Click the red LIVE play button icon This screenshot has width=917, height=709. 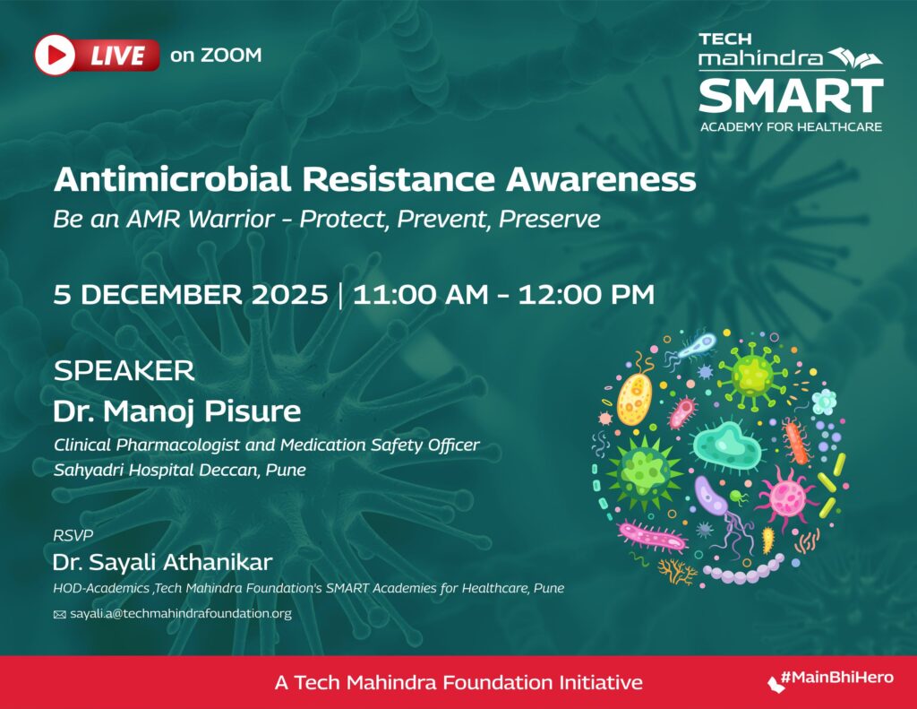tap(55, 55)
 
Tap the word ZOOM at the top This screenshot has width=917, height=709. tap(231, 55)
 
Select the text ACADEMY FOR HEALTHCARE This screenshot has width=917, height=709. tap(791, 127)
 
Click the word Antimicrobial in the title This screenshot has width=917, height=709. tap(172, 179)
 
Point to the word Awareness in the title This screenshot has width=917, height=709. tap(601, 179)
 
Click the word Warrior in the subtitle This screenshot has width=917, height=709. tap(232, 219)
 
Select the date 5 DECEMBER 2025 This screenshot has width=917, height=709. tap(191, 294)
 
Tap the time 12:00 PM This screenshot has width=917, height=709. tap(586, 294)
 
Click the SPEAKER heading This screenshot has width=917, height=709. tap(124, 371)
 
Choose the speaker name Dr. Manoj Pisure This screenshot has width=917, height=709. tap(177, 411)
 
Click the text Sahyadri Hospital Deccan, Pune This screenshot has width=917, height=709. tap(179, 471)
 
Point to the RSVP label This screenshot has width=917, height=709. tap(73, 535)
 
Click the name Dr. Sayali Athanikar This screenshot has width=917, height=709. tap(163, 562)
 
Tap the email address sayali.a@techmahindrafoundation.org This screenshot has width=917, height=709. tap(181, 614)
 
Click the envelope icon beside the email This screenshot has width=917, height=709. tap(60, 615)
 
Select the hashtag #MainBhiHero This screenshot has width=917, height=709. tap(837, 678)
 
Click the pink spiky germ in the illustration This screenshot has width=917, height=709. tap(787, 497)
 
